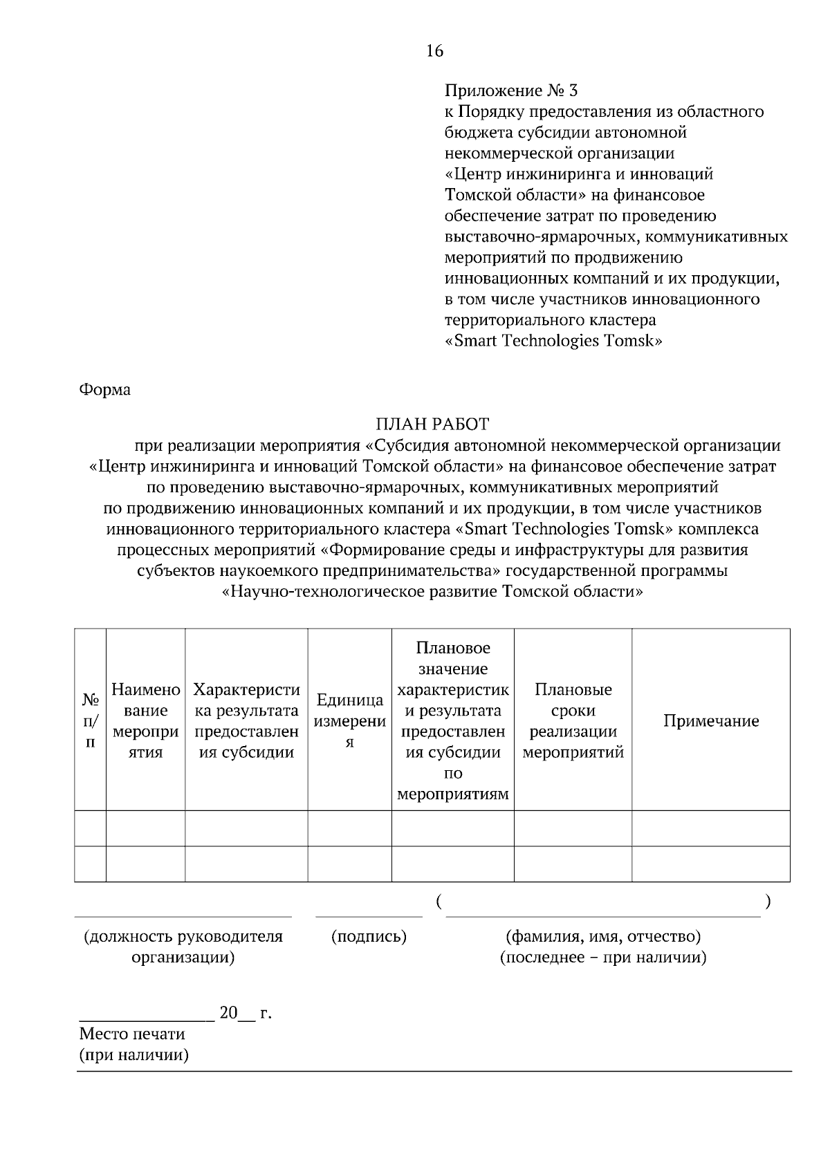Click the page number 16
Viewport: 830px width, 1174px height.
pyautogui.click(x=435, y=51)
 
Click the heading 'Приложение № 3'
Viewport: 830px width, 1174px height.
pyautogui.click(x=511, y=91)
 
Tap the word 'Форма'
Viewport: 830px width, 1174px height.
pyautogui.click(x=105, y=390)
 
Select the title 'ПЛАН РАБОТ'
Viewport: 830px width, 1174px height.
pyautogui.click(x=432, y=424)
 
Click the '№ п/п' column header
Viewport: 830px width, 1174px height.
pyautogui.click(x=90, y=720)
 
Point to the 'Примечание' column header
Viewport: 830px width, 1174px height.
pyautogui.click(x=711, y=720)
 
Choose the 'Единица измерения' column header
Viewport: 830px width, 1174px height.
pyautogui.click(x=350, y=720)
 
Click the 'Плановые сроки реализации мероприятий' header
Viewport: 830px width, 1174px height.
pyautogui.click(x=573, y=720)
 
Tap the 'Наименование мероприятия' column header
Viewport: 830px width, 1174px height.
pyautogui.click(x=146, y=720)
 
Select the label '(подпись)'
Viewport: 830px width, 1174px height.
pyautogui.click(x=369, y=937)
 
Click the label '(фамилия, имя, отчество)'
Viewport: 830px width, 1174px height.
pyautogui.click(x=603, y=937)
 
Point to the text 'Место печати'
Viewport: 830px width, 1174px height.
pyautogui.click(x=132, y=1034)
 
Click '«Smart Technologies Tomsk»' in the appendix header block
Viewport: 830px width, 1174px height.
pyautogui.click(x=553, y=341)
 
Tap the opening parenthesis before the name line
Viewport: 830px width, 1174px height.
pyautogui.click(x=440, y=902)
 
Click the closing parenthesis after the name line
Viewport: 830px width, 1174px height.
pyautogui.click(x=768, y=902)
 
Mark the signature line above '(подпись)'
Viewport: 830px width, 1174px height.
pyautogui.click(x=369, y=916)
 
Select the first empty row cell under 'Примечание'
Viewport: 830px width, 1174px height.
pyautogui.click(x=711, y=828)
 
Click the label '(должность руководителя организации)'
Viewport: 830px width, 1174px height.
pyautogui.click(x=183, y=947)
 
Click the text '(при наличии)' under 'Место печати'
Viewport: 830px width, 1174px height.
pyautogui.click(x=133, y=1055)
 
